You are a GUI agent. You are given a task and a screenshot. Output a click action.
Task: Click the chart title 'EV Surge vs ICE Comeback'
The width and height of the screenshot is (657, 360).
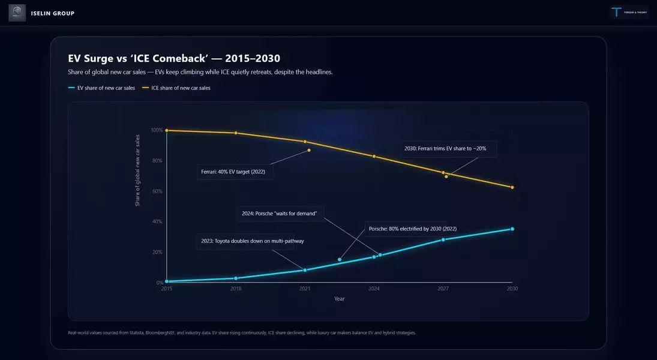tap(174, 58)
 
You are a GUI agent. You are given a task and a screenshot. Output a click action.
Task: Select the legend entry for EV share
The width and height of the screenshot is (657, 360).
tap(102, 88)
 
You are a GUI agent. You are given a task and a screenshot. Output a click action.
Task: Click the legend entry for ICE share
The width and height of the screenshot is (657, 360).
tap(176, 88)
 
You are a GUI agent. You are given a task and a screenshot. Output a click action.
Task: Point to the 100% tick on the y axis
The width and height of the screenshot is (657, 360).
tap(157, 130)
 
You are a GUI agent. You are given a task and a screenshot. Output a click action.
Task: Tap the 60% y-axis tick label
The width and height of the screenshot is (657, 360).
tap(157, 191)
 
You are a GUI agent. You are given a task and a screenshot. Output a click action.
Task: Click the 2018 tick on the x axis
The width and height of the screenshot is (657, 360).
tap(236, 289)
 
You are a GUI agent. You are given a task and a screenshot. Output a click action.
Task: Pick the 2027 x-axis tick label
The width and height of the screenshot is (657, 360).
tap(443, 289)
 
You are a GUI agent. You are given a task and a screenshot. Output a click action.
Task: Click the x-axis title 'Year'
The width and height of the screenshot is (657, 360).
tap(340, 299)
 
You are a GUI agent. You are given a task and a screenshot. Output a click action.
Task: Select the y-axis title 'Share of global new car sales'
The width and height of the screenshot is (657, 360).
tap(137, 170)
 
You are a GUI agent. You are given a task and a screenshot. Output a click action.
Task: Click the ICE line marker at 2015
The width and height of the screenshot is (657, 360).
tap(167, 130)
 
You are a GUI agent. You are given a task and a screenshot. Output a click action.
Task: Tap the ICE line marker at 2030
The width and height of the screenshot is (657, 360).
tap(512, 187)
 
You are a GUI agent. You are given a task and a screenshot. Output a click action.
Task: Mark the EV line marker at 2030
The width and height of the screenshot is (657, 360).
tap(512, 229)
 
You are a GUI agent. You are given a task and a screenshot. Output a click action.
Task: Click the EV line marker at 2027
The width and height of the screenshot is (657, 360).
tap(443, 239)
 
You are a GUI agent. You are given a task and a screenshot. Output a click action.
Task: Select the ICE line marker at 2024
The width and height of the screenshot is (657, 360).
tap(374, 157)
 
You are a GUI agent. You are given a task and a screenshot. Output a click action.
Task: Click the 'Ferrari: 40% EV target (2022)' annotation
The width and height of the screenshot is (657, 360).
tap(235, 172)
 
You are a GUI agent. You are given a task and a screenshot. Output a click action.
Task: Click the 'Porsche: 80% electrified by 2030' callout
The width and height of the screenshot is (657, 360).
tap(413, 229)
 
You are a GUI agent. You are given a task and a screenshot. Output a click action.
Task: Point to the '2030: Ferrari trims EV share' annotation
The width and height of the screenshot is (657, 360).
tap(444, 148)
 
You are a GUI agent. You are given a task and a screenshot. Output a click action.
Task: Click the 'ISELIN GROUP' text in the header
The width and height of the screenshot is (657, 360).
tap(53, 13)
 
